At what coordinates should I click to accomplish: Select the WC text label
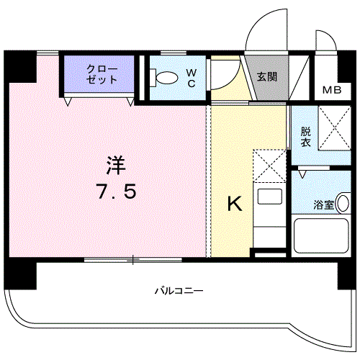tap(191, 78)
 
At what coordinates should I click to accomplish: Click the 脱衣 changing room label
tap(306, 137)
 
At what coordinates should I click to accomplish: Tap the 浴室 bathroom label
tap(324, 204)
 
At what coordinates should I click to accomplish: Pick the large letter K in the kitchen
tap(235, 204)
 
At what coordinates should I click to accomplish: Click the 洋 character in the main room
tap(114, 166)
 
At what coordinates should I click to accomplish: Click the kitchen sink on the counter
tap(270, 198)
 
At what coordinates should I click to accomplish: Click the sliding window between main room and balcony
tap(133, 258)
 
